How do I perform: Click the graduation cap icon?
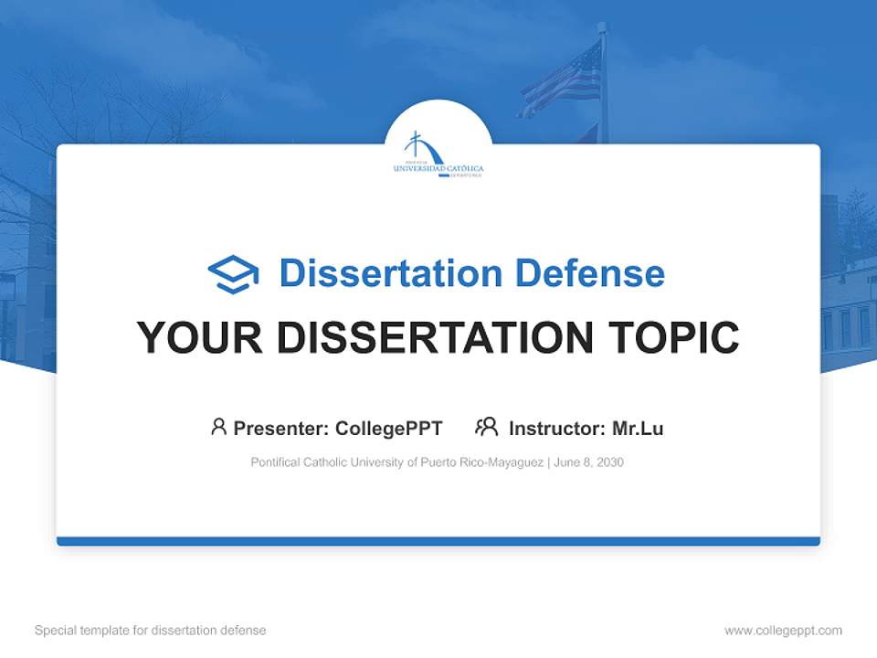[233, 274]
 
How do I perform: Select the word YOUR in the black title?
[199, 338]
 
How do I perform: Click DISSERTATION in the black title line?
[427, 338]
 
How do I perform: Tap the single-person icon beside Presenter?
[218, 427]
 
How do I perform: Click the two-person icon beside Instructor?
[486, 427]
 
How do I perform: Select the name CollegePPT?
[389, 429]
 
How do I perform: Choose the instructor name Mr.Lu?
[638, 429]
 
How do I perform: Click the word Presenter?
[281, 429]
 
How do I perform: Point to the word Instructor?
[556, 429]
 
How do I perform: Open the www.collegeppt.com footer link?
[783, 631]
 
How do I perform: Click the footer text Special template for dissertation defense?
[151, 631]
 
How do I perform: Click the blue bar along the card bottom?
[438, 541]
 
